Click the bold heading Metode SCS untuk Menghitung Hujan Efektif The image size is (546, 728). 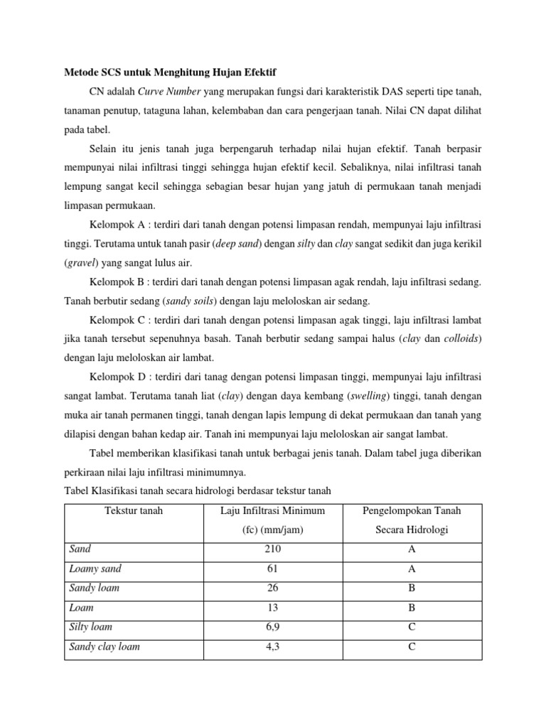click(x=171, y=73)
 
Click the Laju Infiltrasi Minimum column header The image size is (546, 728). click(x=274, y=510)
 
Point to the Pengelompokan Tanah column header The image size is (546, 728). click(x=412, y=510)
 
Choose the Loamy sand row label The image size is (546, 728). click(x=95, y=569)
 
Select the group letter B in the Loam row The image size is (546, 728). click(x=412, y=609)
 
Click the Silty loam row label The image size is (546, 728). click(x=91, y=628)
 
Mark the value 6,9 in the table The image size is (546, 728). click(x=273, y=628)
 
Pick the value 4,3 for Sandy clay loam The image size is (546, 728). click(x=273, y=648)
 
